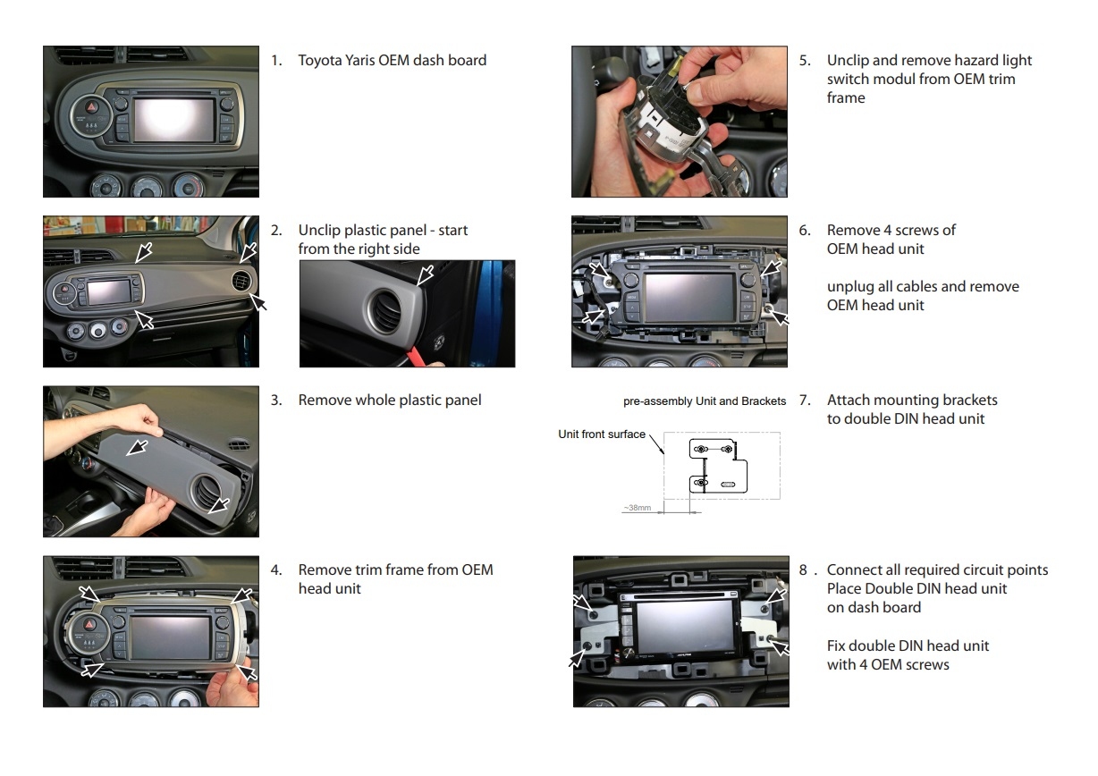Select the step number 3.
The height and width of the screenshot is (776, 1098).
click(x=275, y=401)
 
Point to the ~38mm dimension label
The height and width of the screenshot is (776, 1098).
click(x=638, y=508)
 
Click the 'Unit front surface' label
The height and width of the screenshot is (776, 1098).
click(x=601, y=434)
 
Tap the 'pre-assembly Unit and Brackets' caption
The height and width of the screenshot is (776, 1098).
click(x=704, y=401)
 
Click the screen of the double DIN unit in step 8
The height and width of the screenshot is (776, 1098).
click(x=685, y=628)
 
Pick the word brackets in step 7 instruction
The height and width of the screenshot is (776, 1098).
click(x=968, y=401)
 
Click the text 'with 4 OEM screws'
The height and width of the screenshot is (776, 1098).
click(x=888, y=664)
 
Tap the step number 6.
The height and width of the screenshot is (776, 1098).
click(x=804, y=231)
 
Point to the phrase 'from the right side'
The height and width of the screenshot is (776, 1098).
click(x=359, y=249)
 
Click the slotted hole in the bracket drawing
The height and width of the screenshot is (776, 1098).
click(x=728, y=484)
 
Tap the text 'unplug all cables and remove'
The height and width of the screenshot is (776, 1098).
click(x=923, y=287)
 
